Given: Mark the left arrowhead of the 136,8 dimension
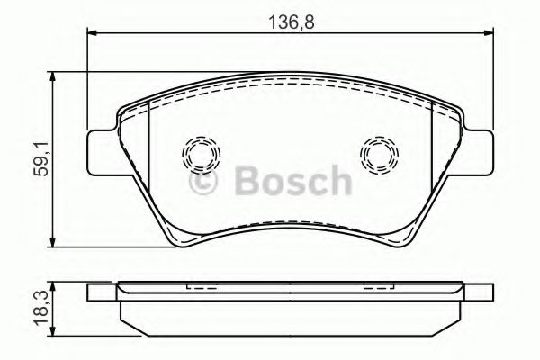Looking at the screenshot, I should click(93, 33).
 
